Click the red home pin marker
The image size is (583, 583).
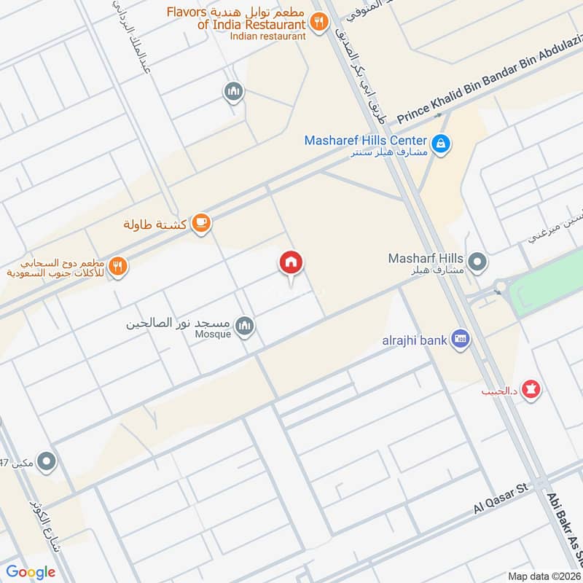291,263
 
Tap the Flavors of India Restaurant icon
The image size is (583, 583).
318,23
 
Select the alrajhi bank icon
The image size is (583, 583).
461,338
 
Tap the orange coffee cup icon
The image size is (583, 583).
202,224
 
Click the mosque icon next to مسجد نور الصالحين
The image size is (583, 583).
245,326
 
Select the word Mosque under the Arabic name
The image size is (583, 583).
213,334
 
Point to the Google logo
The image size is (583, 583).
31,572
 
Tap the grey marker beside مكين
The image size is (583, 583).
47,461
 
